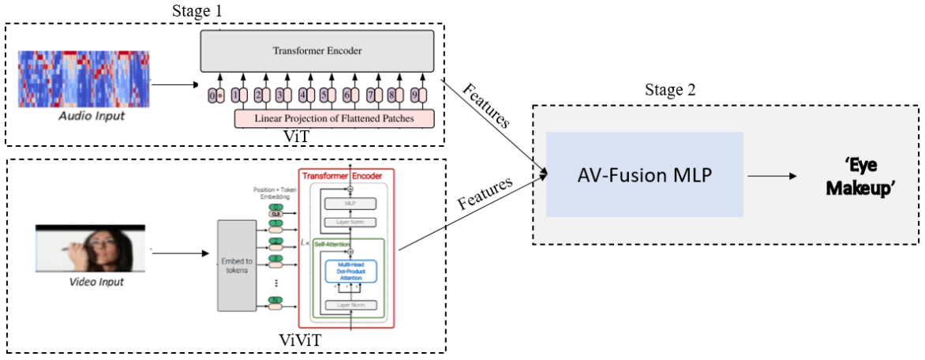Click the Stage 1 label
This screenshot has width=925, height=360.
click(x=197, y=11)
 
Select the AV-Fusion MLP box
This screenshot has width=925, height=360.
click(x=645, y=174)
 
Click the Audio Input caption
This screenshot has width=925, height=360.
click(x=92, y=117)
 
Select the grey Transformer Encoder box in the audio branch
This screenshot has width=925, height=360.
click(x=316, y=51)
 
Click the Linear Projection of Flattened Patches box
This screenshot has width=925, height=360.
click(x=335, y=118)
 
